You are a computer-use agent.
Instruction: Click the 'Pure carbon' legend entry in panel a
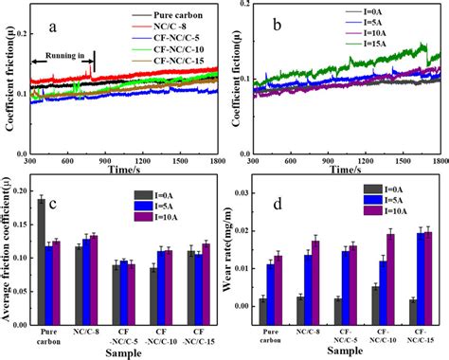click(x=174, y=16)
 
